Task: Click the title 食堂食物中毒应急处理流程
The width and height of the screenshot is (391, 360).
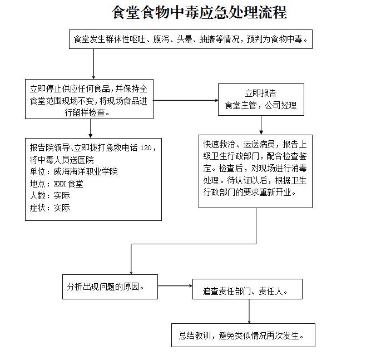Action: pyautogui.click(x=199, y=12)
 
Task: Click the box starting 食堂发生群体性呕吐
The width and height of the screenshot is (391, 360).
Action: pyautogui.click(x=191, y=39)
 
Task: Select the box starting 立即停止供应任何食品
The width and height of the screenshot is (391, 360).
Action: pyautogui.click(x=89, y=99)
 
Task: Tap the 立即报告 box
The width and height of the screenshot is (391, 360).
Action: pyautogui.click(x=261, y=100)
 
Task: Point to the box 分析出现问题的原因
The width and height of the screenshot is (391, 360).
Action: pyautogui.click(x=110, y=287)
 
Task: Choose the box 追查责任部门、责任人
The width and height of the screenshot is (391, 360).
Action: pyautogui.click(x=248, y=289)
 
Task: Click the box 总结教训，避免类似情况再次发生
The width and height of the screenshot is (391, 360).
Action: pyautogui.click(x=243, y=336)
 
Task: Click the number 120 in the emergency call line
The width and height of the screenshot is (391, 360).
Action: pyautogui.click(x=146, y=148)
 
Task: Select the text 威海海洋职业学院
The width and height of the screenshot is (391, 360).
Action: pyautogui.click(x=86, y=171)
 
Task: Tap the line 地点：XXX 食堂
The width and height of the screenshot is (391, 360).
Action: pyautogui.click(x=56, y=184)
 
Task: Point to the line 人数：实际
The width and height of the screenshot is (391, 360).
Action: pyautogui.click(x=50, y=196)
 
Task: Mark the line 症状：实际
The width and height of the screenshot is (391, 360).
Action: pyautogui.click(x=50, y=208)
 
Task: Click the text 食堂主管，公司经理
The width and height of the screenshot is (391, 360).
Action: pyautogui.click(x=261, y=106)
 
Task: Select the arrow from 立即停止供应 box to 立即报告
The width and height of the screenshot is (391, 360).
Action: pyautogui.click(x=186, y=100)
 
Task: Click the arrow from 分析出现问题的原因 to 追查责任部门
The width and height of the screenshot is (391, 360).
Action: pyautogui.click(x=175, y=286)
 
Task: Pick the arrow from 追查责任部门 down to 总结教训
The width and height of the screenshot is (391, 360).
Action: pyautogui.click(x=249, y=312)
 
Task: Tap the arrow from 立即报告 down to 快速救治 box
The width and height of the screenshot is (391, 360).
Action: pyautogui.click(x=261, y=125)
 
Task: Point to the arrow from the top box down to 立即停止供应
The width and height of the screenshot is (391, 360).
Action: pyautogui.click(x=93, y=64)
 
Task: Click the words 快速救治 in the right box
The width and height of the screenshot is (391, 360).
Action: pyautogui.click(x=219, y=144)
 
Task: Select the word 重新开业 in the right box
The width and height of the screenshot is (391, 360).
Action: pyautogui.click(x=275, y=192)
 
